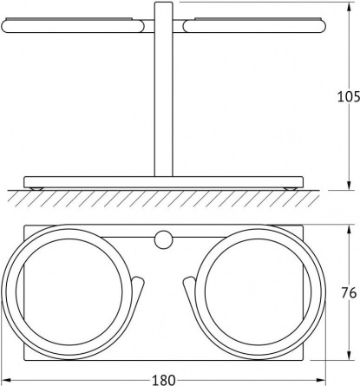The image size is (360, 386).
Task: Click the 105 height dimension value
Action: pyautogui.click(x=349, y=96)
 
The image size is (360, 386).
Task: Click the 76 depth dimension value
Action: pyautogui.click(x=349, y=293)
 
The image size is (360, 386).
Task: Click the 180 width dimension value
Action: pyautogui.click(x=163, y=380)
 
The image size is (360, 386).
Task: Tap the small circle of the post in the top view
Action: pyautogui.click(x=162, y=239)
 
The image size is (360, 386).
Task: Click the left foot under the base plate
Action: pyautogui.click(x=37, y=188)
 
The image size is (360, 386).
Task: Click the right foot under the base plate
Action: pyautogui.click(x=290, y=188)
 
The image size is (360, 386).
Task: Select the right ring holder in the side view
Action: pyautogui.click(x=252, y=26)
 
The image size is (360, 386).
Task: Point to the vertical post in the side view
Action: pyautogui.click(x=163, y=89)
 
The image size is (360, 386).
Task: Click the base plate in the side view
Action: pyautogui.click(x=164, y=182)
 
